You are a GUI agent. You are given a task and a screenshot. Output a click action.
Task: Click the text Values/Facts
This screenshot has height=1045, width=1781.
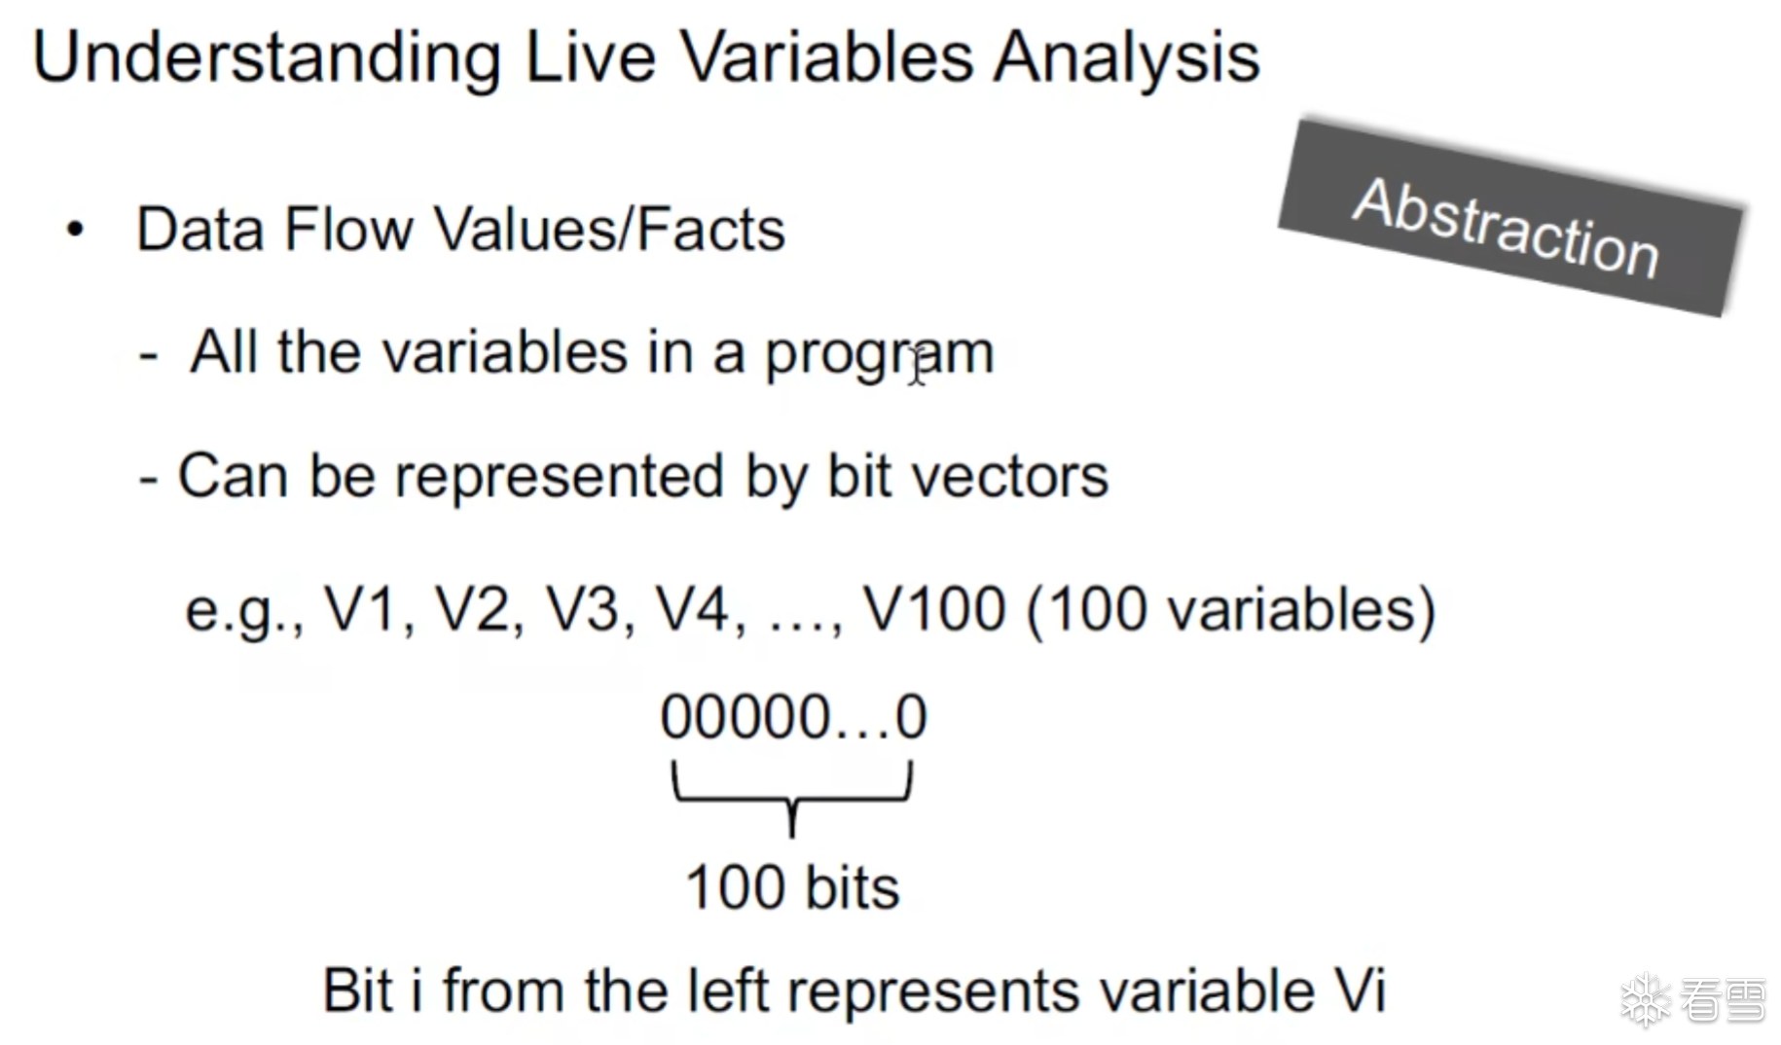click(x=609, y=230)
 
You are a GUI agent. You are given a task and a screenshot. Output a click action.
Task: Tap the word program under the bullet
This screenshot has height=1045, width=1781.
click(x=879, y=353)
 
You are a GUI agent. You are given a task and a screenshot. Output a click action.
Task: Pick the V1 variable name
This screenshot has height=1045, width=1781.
click(x=361, y=610)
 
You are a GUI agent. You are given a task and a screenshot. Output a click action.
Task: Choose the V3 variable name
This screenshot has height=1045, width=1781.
click(x=582, y=610)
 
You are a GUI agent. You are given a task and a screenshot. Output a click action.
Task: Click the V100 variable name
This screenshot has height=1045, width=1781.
click(x=933, y=610)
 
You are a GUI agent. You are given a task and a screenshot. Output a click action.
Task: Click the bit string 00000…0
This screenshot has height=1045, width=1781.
click(x=793, y=717)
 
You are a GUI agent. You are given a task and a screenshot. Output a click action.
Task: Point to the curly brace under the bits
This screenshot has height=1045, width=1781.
click(x=792, y=800)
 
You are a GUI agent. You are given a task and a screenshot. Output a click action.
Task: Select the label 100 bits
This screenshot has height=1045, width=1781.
click(x=792, y=887)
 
